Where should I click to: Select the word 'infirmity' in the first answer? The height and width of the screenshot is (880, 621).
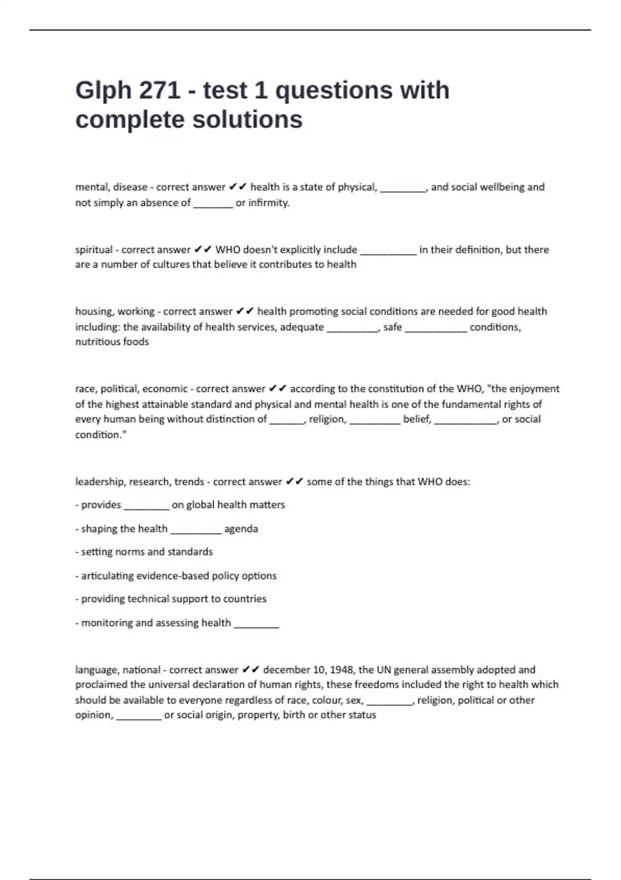[x=268, y=203]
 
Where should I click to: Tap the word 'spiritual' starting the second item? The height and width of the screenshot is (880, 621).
[x=94, y=250]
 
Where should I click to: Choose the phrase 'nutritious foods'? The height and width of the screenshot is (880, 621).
[x=112, y=342]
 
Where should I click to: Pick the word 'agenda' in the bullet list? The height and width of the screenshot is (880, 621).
[x=241, y=529]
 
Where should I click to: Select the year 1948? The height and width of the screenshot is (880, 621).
[x=342, y=670]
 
